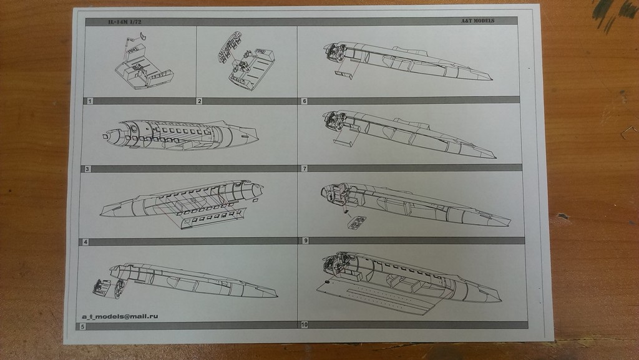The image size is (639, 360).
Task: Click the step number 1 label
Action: [90, 100]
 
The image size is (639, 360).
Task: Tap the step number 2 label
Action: [200, 100]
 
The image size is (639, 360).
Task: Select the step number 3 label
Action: [87, 169]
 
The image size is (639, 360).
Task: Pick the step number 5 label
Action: [83, 326]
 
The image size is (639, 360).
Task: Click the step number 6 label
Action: [304, 100]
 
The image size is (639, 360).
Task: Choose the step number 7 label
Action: [305, 168]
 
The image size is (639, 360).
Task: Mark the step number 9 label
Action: [305, 240]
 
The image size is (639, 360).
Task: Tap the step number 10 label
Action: [305, 324]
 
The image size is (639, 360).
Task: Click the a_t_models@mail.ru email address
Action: [120, 316]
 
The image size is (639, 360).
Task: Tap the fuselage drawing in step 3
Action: [181, 135]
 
